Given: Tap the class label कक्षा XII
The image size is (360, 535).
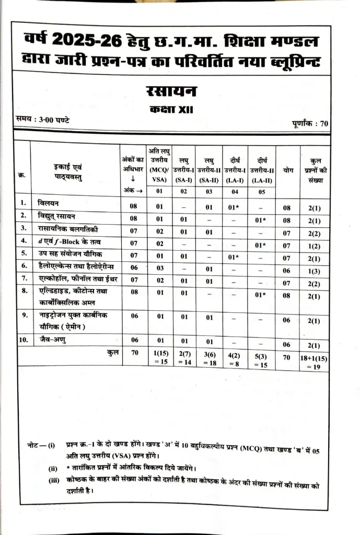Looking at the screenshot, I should tap(172, 110).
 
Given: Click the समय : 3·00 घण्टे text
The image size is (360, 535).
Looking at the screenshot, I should tap(43, 120).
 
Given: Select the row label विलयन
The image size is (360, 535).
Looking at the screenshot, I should tap(49, 203).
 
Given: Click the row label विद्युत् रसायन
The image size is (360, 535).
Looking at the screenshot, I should tap(56, 215).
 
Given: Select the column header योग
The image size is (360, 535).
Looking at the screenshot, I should tap(287, 170).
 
